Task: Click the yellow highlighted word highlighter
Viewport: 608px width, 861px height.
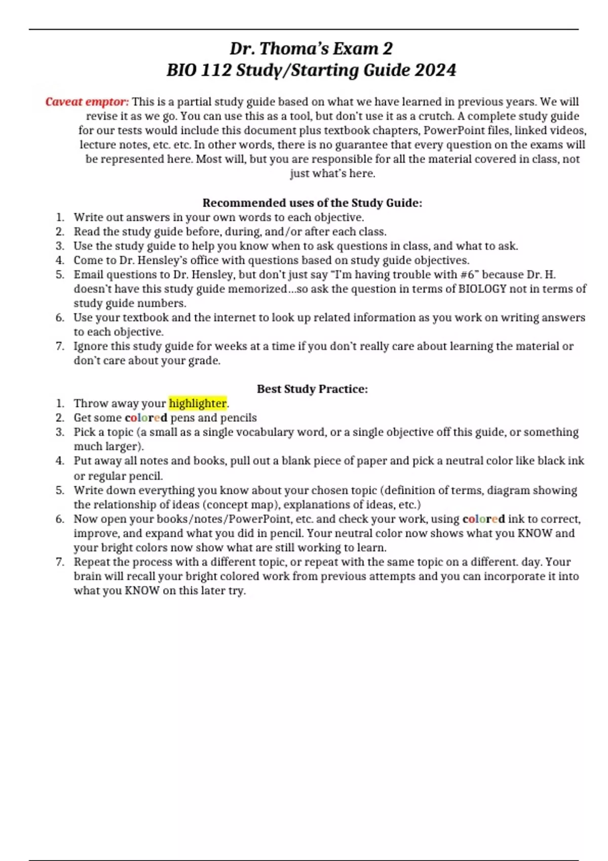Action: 198,403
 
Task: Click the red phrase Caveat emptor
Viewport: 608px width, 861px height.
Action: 87,102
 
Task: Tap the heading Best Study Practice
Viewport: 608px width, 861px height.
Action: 312,389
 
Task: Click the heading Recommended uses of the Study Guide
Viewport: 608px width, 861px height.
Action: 312,203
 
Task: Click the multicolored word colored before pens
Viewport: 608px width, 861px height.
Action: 146,418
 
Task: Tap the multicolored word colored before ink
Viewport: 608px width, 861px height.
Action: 483,519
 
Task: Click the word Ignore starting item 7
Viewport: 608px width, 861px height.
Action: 91,346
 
